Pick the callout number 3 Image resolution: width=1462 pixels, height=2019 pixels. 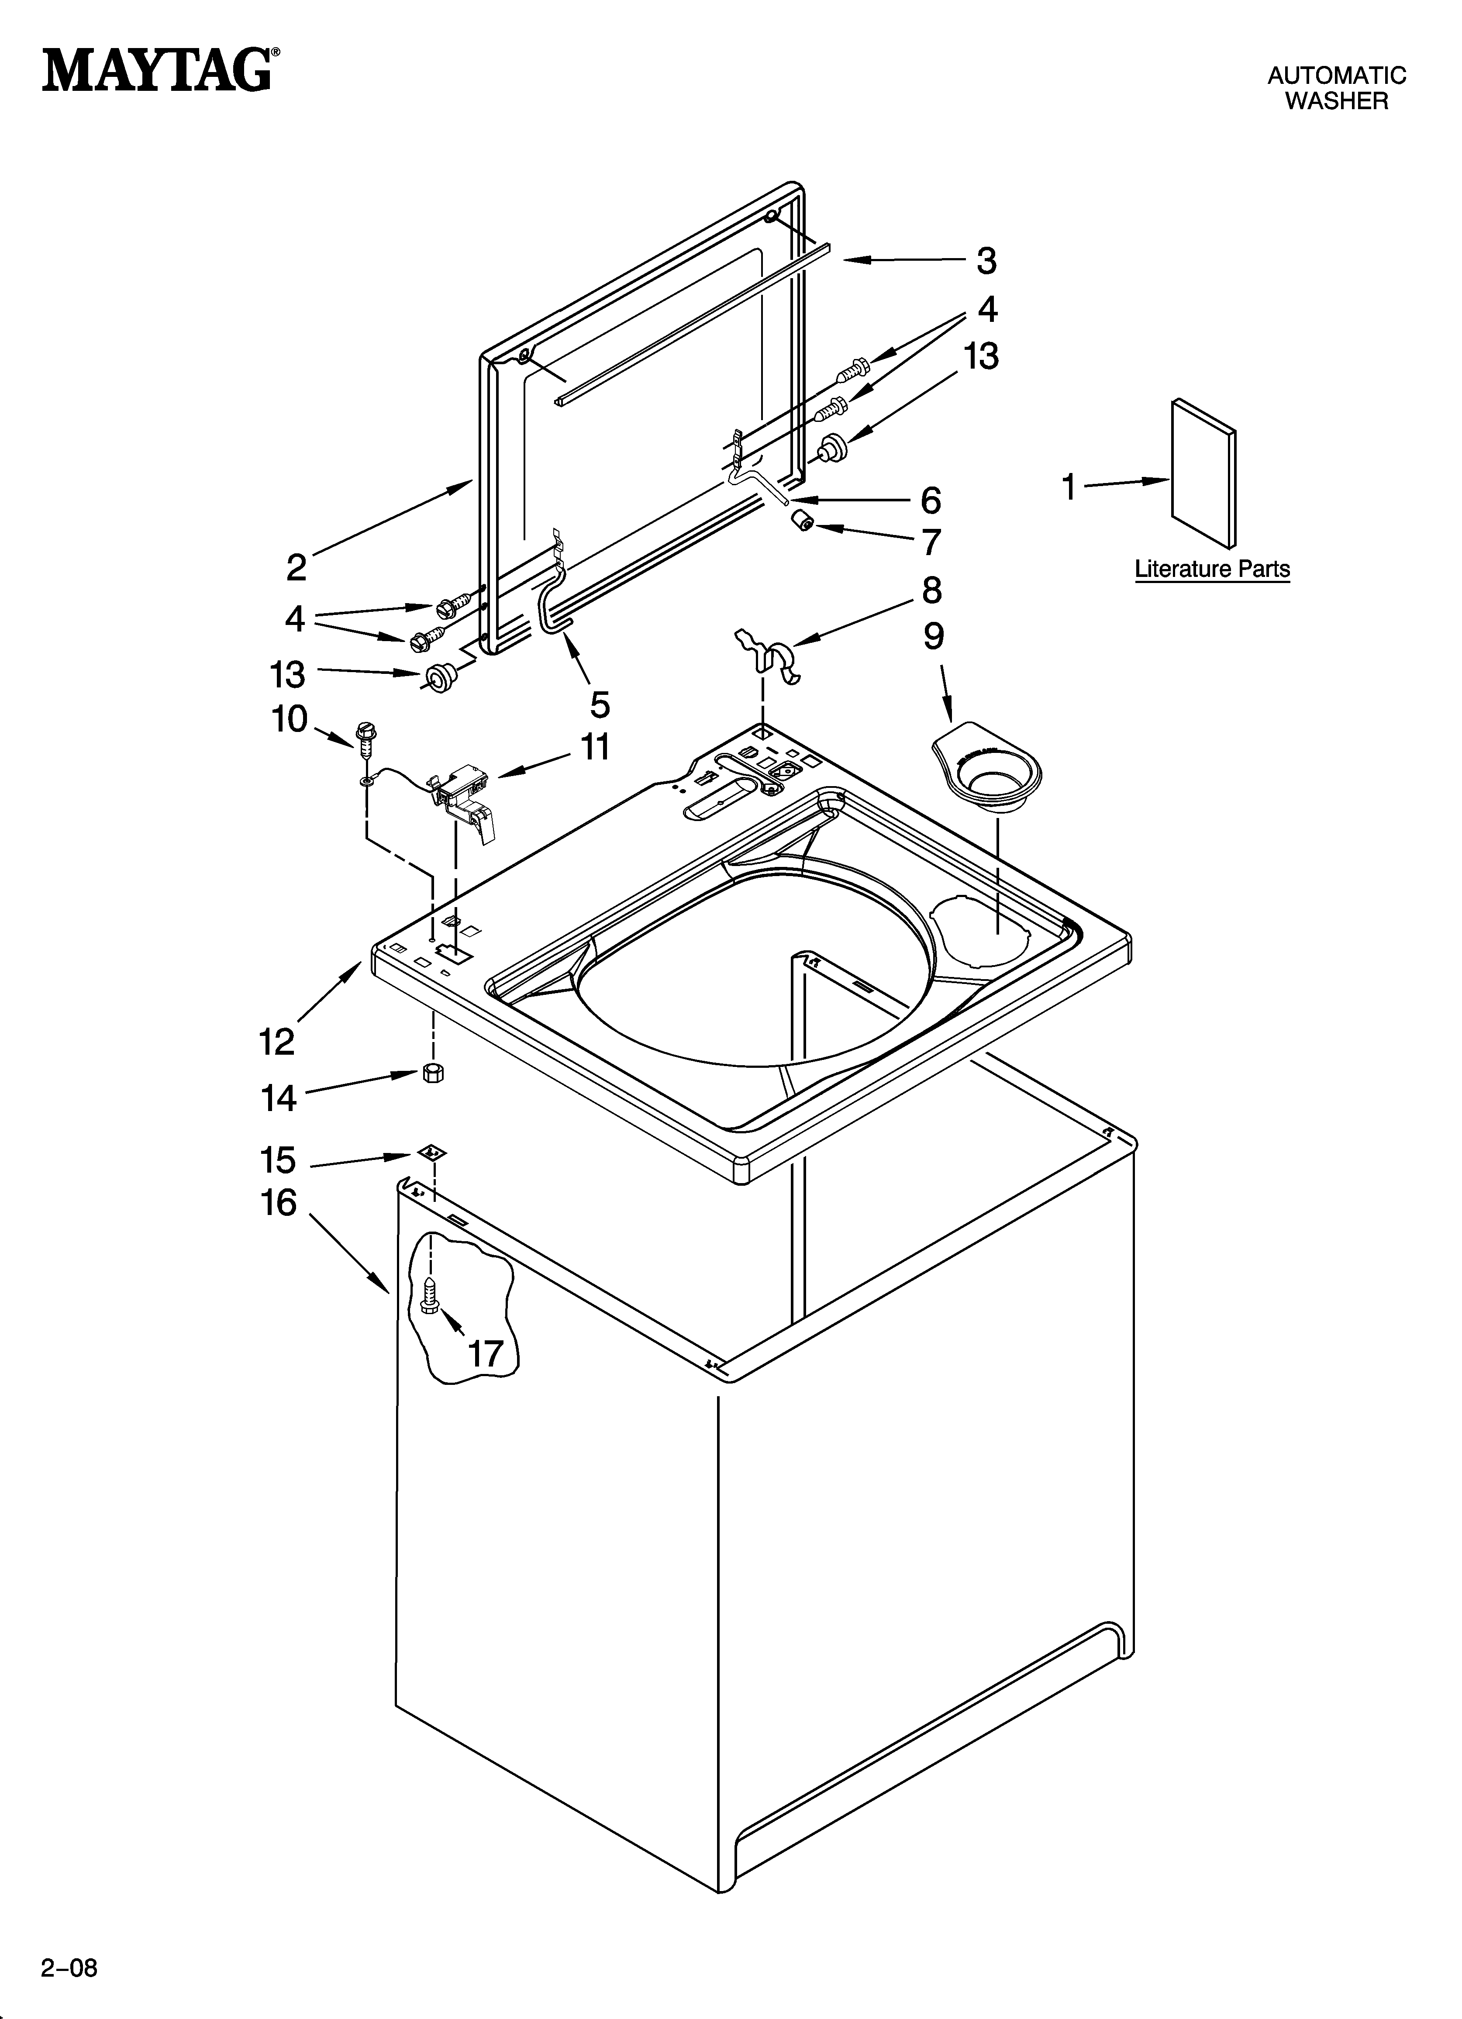[x=986, y=261]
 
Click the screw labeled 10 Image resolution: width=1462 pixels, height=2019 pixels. [x=364, y=735]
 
